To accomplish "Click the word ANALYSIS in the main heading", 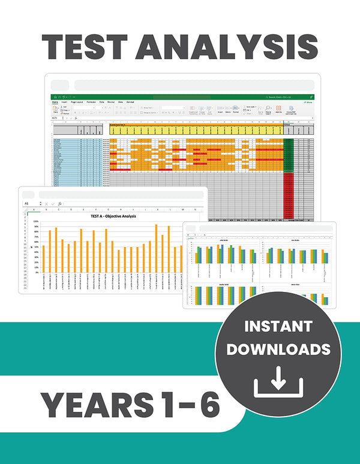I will tap(238, 47).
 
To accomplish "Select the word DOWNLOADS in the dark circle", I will tap(278, 349).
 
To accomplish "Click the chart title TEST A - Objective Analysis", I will tap(113, 216).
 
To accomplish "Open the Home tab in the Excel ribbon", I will tap(55, 103).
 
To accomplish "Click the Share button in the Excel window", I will tap(308, 103).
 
